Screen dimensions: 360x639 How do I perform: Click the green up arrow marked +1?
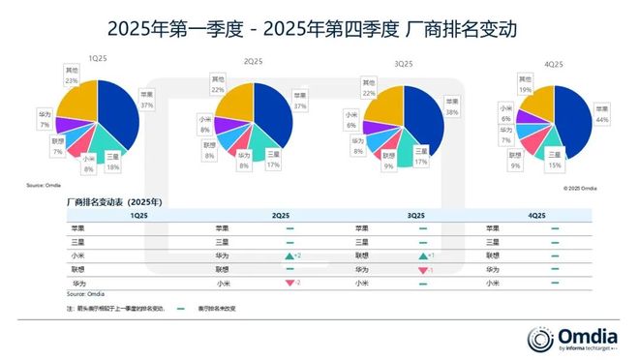[x=426, y=255]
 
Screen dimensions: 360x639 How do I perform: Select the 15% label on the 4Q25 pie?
[x=555, y=164]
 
